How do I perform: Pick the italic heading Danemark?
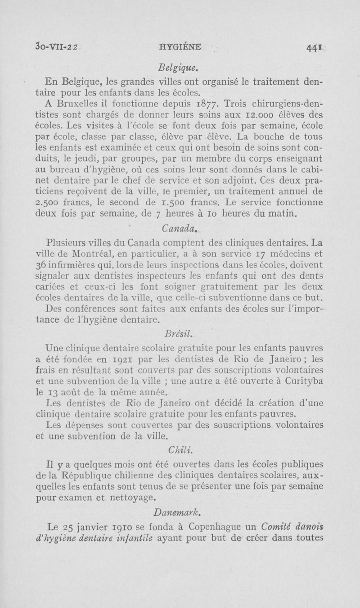pyautogui.click(x=180, y=513)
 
